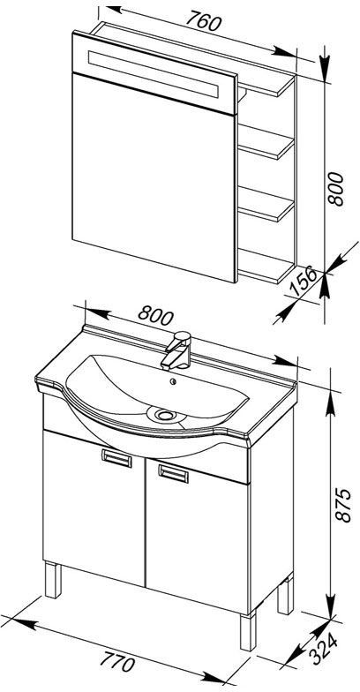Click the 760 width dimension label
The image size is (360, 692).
[203, 21]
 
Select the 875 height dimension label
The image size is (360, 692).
[343, 505]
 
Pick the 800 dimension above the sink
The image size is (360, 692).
[155, 315]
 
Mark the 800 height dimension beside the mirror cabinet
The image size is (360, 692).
[335, 189]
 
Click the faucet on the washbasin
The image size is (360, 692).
[176, 350]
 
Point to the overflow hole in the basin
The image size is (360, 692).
[174, 381]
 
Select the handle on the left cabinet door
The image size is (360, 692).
[116, 458]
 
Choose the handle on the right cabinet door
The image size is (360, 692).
[173, 473]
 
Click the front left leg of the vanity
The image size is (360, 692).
[53, 580]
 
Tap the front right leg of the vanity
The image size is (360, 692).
[249, 630]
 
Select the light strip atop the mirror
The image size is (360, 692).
[154, 74]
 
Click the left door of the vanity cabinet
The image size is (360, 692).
[94, 507]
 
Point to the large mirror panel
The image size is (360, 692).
[155, 177]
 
